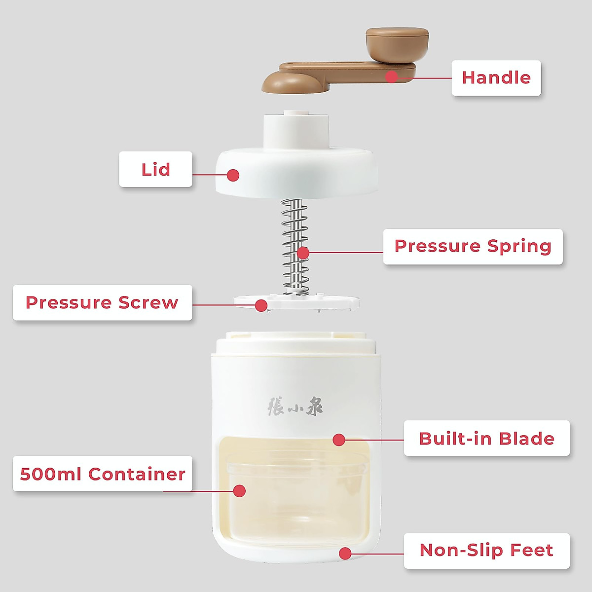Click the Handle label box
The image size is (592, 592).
pyautogui.click(x=496, y=78)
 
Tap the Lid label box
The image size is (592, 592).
pyautogui.click(x=155, y=169)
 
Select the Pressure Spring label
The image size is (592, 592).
pyautogui.click(x=473, y=246)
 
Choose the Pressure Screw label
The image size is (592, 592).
pyautogui.click(x=102, y=302)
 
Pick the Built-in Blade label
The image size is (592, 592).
pyautogui.click(x=486, y=438)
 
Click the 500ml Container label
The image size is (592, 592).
pyautogui.click(x=102, y=474)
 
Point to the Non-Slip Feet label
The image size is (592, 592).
pyautogui.click(x=486, y=550)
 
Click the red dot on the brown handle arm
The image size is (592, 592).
pyautogui.click(x=392, y=77)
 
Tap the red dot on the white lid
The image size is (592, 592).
pyautogui.click(x=233, y=175)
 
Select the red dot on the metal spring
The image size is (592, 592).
pyautogui.click(x=303, y=253)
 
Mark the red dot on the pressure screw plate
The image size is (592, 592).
pyautogui.click(x=261, y=305)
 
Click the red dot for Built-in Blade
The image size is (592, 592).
pyautogui.click(x=339, y=440)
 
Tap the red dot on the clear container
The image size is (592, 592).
pyautogui.click(x=239, y=491)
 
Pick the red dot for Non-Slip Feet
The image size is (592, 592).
pyautogui.click(x=345, y=554)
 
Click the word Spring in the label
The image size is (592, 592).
pyautogui.click(x=519, y=246)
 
